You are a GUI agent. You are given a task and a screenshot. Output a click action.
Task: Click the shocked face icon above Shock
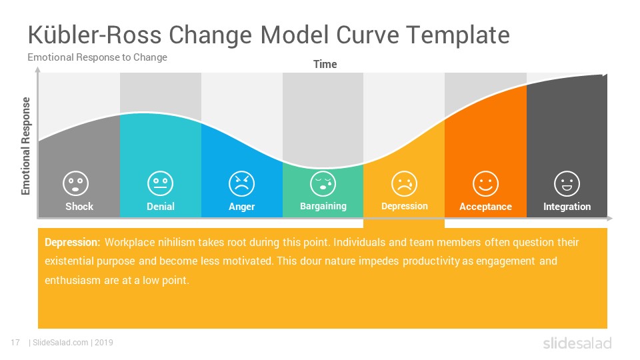click(x=75, y=183)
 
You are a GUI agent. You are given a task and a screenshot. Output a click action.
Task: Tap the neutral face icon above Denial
click(x=161, y=183)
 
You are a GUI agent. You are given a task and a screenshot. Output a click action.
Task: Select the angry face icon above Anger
click(x=241, y=184)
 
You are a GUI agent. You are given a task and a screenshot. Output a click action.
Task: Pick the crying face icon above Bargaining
click(x=323, y=184)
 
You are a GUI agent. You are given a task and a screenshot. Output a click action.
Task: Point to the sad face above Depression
click(x=404, y=184)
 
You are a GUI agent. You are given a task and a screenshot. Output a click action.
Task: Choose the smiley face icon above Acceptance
click(x=485, y=184)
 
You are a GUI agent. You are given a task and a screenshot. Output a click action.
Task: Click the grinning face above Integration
click(x=567, y=184)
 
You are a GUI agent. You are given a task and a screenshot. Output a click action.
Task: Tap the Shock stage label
click(x=79, y=207)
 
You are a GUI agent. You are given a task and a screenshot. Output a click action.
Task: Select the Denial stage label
click(x=161, y=207)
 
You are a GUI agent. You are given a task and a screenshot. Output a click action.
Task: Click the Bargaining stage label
click(x=323, y=207)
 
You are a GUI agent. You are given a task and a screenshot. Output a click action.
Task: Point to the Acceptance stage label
click(x=486, y=207)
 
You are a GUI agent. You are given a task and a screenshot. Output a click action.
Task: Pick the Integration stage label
click(x=567, y=207)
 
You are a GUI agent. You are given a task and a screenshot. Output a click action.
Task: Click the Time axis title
click(x=325, y=65)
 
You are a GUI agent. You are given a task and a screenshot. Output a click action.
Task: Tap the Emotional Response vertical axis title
click(x=26, y=146)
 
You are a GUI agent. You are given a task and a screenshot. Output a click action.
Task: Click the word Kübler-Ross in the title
click(x=95, y=35)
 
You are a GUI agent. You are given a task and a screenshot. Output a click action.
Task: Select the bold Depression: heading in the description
click(x=72, y=243)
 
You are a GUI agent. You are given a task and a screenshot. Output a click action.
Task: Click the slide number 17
click(x=15, y=343)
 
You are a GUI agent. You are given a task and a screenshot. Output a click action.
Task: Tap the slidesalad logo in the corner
click(x=577, y=343)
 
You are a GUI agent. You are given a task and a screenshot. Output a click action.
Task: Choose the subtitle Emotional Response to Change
click(x=97, y=57)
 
